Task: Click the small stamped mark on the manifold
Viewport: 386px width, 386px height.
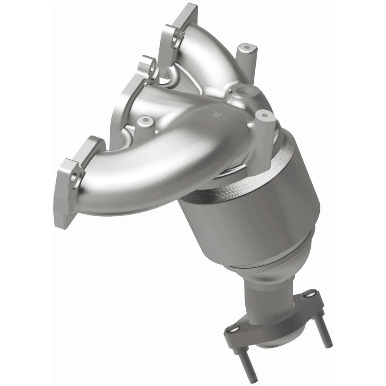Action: [x=218, y=116]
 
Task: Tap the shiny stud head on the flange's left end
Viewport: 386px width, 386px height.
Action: [x=230, y=330]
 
